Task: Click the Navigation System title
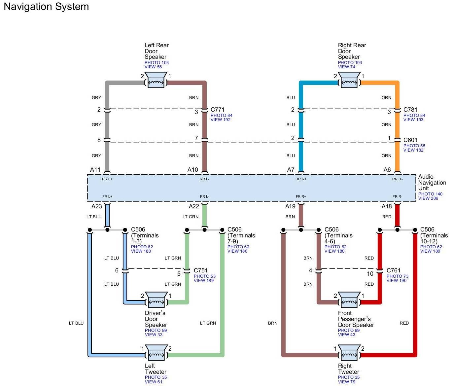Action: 46,7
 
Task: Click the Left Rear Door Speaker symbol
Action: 156,80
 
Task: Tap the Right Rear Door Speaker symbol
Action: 349,80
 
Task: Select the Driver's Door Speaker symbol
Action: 156,300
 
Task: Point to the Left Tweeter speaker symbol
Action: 156,352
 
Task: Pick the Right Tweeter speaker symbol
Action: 349,352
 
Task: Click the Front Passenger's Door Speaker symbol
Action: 349,300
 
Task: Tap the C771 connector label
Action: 217,110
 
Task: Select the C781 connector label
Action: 410,110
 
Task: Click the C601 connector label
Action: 410,140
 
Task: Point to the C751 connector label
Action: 200,270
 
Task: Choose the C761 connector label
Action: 394,270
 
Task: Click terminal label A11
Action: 95,169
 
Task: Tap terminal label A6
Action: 387,169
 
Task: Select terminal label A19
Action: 290,206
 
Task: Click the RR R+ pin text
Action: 301,179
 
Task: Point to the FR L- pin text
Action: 204,196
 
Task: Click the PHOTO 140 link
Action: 430,194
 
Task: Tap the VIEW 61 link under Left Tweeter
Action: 154,382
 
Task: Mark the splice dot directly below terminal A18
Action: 397,230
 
